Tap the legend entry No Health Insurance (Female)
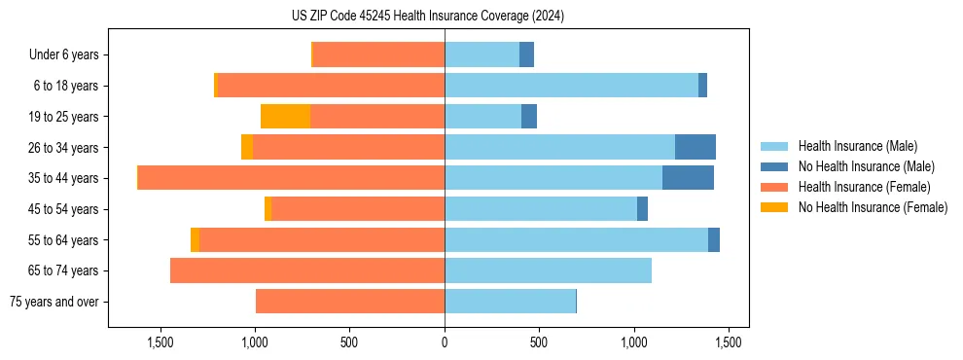pyautogui.click(x=873, y=207)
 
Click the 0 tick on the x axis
pyautogui.click(x=445, y=342)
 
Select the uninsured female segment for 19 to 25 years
pyautogui.click(x=285, y=117)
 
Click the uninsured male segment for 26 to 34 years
pyautogui.click(x=695, y=147)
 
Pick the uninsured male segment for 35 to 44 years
pyautogui.click(x=688, y=178)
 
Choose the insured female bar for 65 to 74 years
pyautogui.click(x=307, y=270)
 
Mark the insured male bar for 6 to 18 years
pyautogui.click(x=571, y=86)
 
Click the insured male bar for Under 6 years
pyautogui.click(x=481, y=54)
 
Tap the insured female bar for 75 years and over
pyautogui.click(x=350, y=302)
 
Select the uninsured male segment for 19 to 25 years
pyautogui.click(x=529, y=117)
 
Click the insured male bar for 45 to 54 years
pyautogui.click(x=541, y=209)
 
